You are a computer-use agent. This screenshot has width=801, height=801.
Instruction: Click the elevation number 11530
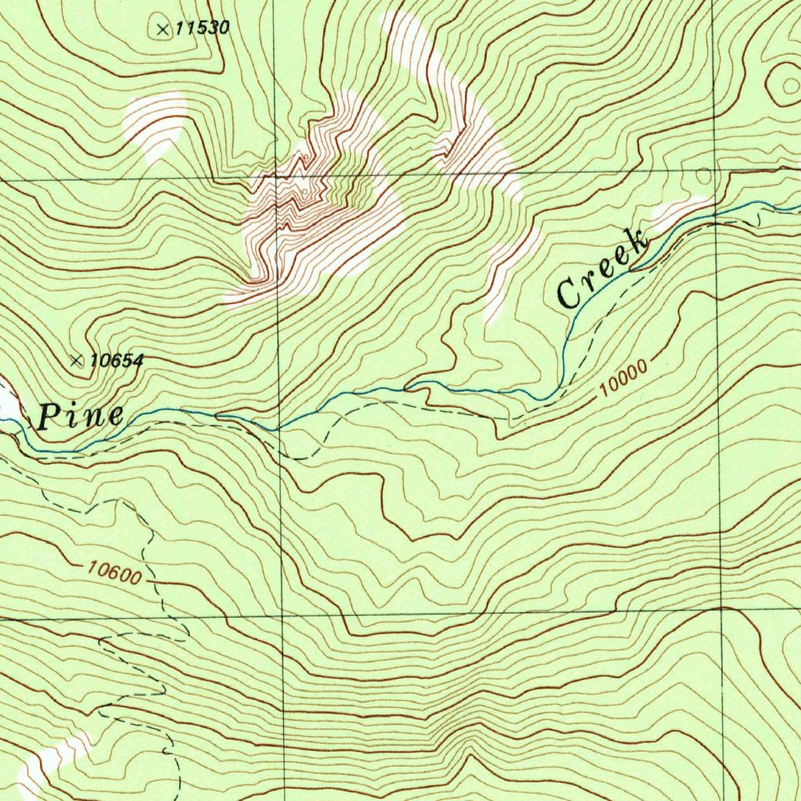[x=202, y=29]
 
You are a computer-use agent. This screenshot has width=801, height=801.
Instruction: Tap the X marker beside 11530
[x=163, y=30]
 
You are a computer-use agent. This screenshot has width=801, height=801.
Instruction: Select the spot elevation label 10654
[x=117, y=361]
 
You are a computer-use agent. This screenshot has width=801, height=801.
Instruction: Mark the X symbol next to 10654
[x=77, y=361]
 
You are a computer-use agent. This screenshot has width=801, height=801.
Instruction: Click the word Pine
[x=80, y=416]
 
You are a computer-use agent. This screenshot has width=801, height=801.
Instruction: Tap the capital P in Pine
[x=48, y=416]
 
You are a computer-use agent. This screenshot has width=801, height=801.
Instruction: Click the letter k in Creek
[x=638, y=242]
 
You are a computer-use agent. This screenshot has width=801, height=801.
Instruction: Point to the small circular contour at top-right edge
[x=783, y=82]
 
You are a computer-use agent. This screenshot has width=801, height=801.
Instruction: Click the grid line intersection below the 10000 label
[x=720, y=609]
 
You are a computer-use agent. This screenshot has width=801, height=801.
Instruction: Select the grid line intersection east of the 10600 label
[x=282, y=615]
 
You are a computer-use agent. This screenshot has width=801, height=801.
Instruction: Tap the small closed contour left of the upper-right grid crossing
[x=703, y=176]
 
